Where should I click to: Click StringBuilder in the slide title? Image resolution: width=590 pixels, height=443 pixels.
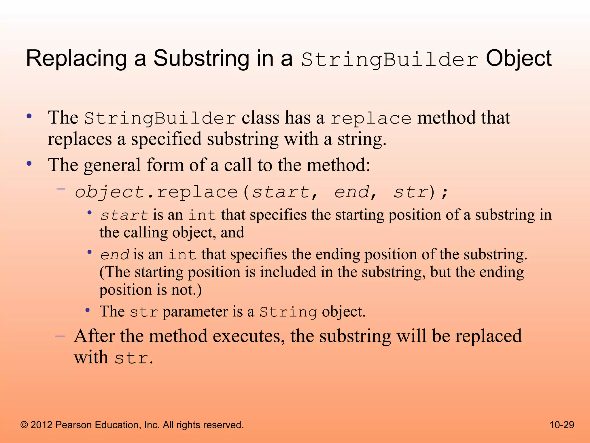click(x=389, y=60)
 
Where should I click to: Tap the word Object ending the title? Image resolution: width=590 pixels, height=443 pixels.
click(x=519, y=59)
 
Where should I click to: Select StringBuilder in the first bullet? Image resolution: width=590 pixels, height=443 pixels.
click(x=160, y=118)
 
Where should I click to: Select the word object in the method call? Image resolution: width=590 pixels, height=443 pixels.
click(x=109, y=192)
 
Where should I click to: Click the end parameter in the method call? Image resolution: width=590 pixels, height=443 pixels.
click(x=351, y=192)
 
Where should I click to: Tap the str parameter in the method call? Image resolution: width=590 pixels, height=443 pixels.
click(x=411, y=192)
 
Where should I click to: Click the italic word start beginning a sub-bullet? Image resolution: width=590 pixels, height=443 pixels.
click(x=124, y=215)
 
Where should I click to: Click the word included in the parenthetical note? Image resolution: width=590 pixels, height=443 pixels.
click(x=288, y=272)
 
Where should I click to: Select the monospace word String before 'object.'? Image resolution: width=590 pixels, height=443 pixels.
click(x=288, y=312)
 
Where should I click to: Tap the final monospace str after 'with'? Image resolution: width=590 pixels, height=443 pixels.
click(x=132, y=358)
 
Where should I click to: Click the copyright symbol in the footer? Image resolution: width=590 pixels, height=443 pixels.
click(x=24, y=425)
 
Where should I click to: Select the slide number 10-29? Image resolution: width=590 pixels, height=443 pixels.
click(x=562, y=425)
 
